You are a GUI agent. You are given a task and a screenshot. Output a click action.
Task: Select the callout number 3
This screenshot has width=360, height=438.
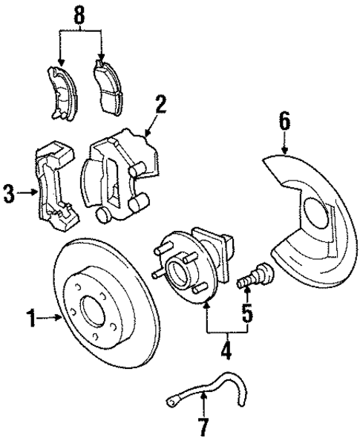[x=10, y=195]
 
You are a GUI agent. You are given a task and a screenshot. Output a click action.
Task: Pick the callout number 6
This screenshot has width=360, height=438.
[x=286, y=120]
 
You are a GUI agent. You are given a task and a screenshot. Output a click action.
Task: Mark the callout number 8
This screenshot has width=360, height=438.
[x=79, y=13]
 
